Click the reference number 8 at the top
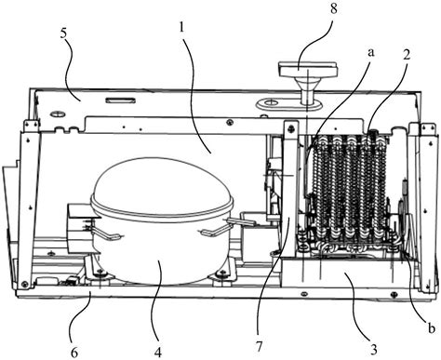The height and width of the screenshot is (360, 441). pyautogui.click(x=333, y=8)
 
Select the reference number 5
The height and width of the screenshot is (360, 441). pyautogui.click(x=63, y=33)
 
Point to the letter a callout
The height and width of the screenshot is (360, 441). pyautogui.click(x=370, y=53)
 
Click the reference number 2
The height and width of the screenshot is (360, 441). pyautogui.click(x=407, y=55)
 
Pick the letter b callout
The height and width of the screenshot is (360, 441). pyautogui.click(x=432, y=328)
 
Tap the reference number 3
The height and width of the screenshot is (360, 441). pyautogui.click(x=374, y=350)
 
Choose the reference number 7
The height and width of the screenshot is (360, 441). pyautogui.click(x=259, y=346)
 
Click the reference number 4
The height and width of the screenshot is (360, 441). pyautogui.click(x=158, y=352)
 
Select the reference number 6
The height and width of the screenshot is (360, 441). pyautogui.click(x=74, y=353)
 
